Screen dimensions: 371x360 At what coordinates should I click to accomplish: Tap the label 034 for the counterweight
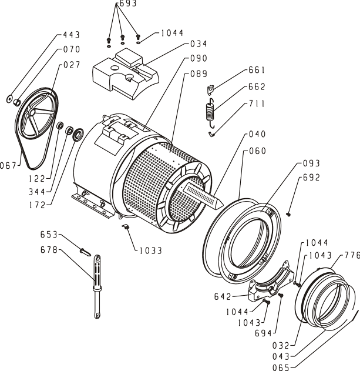click(x=198, y=44)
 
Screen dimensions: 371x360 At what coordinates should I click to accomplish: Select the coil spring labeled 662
click(x=210, y=112)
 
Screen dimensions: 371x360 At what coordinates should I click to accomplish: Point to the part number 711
click(x=257, y=103)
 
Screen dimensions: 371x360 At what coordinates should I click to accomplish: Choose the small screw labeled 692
click(x=289, y=213)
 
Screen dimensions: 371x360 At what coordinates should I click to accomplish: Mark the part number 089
click(x=198, y=74)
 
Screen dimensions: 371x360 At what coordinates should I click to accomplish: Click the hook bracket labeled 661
click(x=209, y=89)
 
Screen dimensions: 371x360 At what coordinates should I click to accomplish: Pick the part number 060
click(x=257, y=151)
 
